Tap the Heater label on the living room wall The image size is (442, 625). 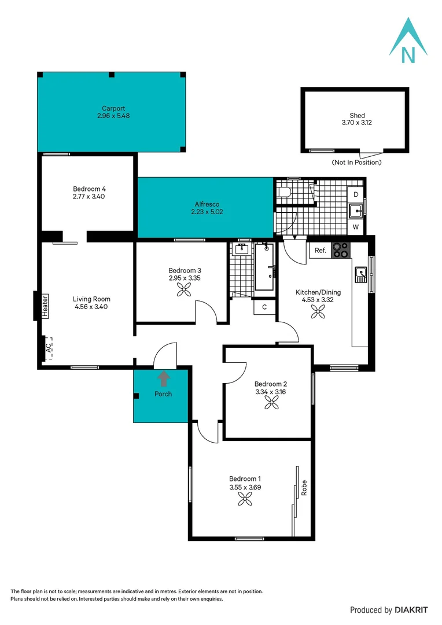45,307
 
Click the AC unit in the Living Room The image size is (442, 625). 48,348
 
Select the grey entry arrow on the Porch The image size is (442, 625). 164,379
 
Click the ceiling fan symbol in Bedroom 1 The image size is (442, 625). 245,499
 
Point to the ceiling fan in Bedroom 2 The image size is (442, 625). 271,404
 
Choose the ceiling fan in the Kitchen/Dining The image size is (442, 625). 318,312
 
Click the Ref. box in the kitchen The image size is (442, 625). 320,251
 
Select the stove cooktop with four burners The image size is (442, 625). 341,250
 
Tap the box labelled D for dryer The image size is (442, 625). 356,194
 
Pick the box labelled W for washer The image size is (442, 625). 356,227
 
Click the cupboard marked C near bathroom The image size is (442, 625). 264,307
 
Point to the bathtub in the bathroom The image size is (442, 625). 265,267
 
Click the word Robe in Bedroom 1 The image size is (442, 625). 303,488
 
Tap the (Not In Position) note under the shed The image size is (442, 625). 356,163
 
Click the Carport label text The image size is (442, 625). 113,108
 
